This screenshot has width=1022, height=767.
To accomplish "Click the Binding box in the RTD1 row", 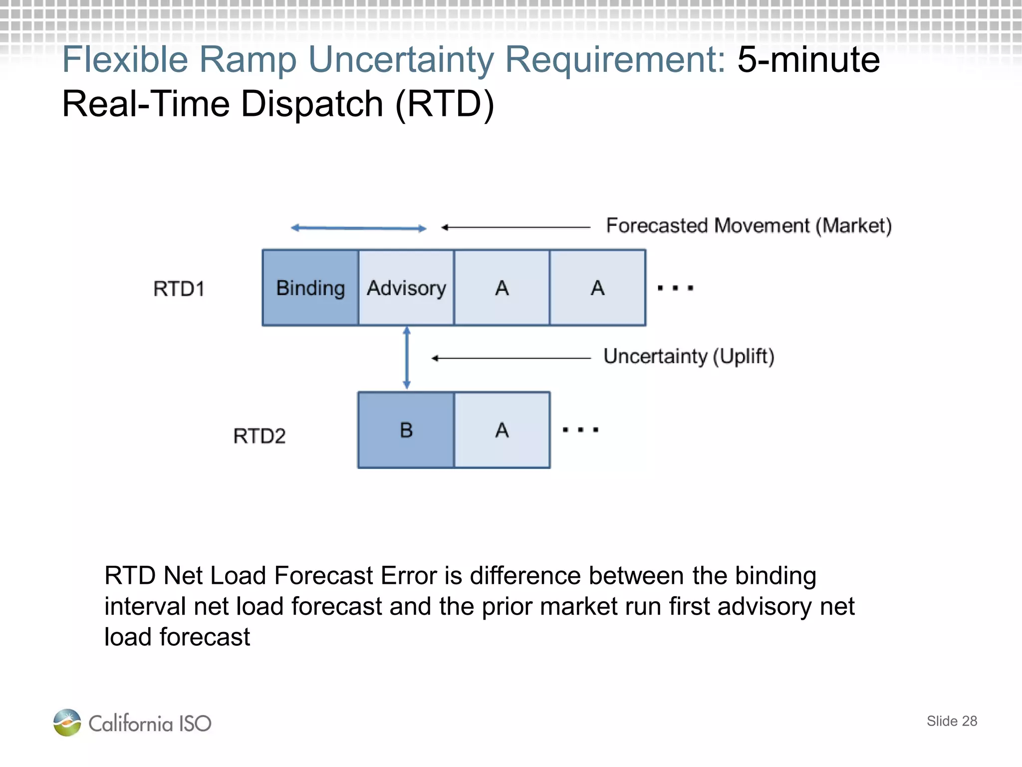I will [310, 288].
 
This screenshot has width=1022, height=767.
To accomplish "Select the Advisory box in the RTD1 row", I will [406, 288].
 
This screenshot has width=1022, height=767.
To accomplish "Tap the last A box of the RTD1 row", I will [597, 288].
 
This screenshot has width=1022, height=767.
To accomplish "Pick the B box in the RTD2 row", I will [406, 430].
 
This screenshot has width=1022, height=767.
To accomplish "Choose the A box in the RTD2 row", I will [502, 430].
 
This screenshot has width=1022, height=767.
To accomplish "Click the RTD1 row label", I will [179, 289].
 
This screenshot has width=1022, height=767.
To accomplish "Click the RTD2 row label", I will [259, 436].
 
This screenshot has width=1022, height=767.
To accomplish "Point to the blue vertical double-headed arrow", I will [407, 358].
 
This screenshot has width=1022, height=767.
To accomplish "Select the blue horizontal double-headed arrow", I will [358, 228].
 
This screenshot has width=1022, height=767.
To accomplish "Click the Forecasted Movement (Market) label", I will [749, 226].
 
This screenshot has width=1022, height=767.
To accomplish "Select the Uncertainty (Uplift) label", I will [689, 357].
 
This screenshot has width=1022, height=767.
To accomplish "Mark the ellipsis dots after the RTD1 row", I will [675, 288].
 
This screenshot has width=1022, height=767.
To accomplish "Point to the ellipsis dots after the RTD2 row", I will [580, 430].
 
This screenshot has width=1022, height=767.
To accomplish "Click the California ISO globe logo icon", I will [67, 722].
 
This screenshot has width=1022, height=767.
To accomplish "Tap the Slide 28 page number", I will [952, 721].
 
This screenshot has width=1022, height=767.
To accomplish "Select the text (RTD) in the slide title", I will [445, 104].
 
